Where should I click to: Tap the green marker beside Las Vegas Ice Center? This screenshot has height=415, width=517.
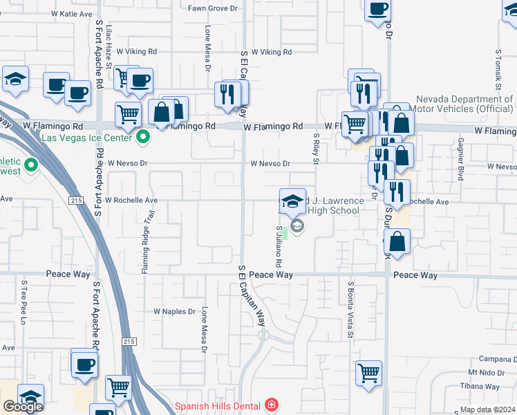pyautogui.click(x=143, y=137)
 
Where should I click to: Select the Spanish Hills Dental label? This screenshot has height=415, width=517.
pyautogui.click(x=217, y=406)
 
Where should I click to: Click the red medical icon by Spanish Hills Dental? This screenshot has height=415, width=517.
pyautogui.click(x=272, y=405)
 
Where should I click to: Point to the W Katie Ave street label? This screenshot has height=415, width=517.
pyautogui.click(x=71, y=14)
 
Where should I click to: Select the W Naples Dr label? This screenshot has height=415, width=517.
pyautogui.click(x=174, y=311)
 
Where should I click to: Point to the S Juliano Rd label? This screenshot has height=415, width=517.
pyautogui.click(x=279, y=246)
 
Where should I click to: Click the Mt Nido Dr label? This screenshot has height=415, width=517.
pyautogui.click(x=496, y=372)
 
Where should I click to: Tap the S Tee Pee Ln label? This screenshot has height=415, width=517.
pyautogui.click(x=23, y=302)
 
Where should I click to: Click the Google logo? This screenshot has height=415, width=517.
pyautogui.click(x=23, y=406)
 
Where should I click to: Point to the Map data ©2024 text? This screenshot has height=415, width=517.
pyautogui.click(x=487, y=409)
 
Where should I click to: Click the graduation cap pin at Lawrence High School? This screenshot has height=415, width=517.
pyautogui.click(x=293, y=202)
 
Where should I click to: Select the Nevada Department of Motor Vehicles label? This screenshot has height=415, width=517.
pyautogui.click(x=464, y=104)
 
